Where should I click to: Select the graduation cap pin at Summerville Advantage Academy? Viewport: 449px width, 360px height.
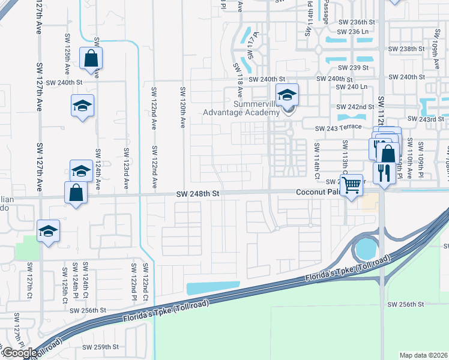click(x=287, y=95)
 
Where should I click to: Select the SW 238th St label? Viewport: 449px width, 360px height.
click(x=406, y=49)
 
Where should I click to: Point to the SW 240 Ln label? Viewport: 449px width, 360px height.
click(x=352, y=87)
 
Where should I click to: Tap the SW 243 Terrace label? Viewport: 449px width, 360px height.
click(x=340, y=127)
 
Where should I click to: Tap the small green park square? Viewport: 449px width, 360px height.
click(x=26, y=247)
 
